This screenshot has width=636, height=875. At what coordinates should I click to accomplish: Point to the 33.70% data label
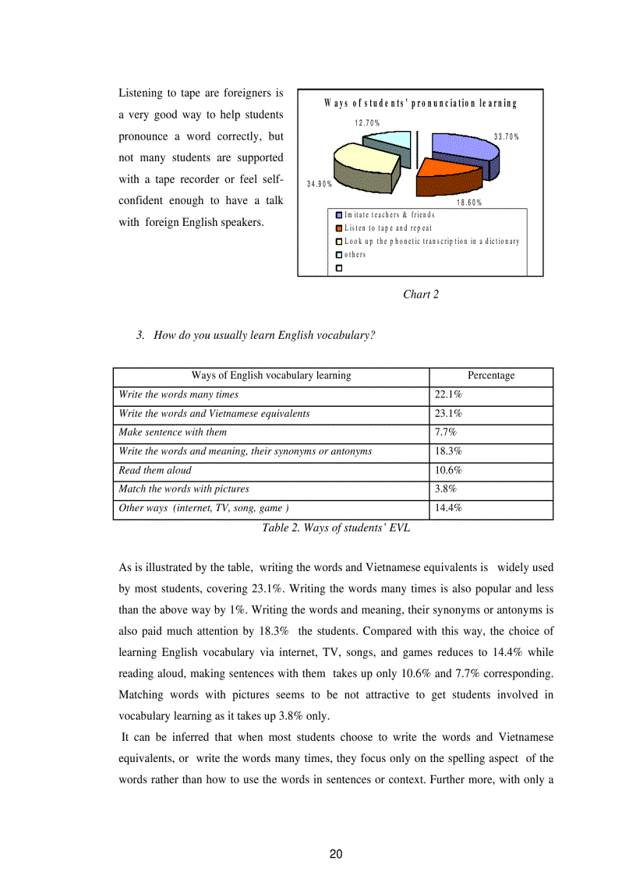click(x=506, y=136)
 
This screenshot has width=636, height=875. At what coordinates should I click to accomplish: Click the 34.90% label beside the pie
click(x=320, y=184)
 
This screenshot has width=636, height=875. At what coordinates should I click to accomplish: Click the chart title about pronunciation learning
click(x=420, y=103)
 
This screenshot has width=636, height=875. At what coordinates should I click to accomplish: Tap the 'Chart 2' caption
click(x=421, y=294)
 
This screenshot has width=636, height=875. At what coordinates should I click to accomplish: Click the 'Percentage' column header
click(x=491, y=376)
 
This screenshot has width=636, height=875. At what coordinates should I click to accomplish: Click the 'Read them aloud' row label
click(x=154, y=471)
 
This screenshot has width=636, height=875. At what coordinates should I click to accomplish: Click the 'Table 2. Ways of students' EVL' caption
click(x=336, y=527)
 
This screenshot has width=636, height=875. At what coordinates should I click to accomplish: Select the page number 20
click(x=336, y=854)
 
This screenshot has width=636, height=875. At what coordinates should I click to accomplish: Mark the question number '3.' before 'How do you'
click(x=140, y=335)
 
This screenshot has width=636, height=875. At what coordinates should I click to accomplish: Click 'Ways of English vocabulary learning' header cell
click(x=271, y=376)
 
